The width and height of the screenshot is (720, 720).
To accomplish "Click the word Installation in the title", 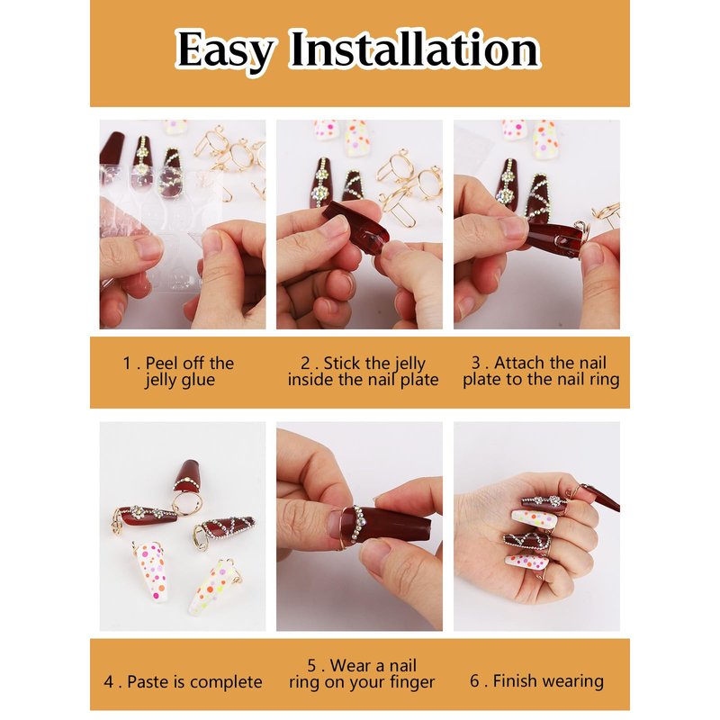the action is pos(415,49).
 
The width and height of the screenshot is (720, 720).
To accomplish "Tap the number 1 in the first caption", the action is pos(127,364).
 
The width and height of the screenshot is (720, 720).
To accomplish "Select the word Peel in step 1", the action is pos(162,364).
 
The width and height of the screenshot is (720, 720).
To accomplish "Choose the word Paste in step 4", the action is pos(148,682).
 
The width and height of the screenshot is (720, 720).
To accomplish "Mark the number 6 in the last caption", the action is pos(475,681).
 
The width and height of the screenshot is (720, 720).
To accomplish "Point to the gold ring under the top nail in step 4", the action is pos(187,502).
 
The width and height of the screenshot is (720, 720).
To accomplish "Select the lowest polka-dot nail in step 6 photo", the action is pos(527,562).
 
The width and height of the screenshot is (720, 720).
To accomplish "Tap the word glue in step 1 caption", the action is pos(197,381).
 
